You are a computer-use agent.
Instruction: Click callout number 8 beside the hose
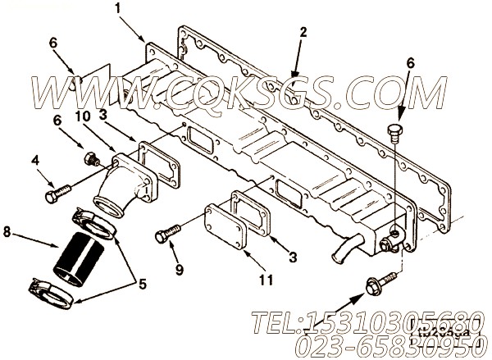[8, 232]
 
